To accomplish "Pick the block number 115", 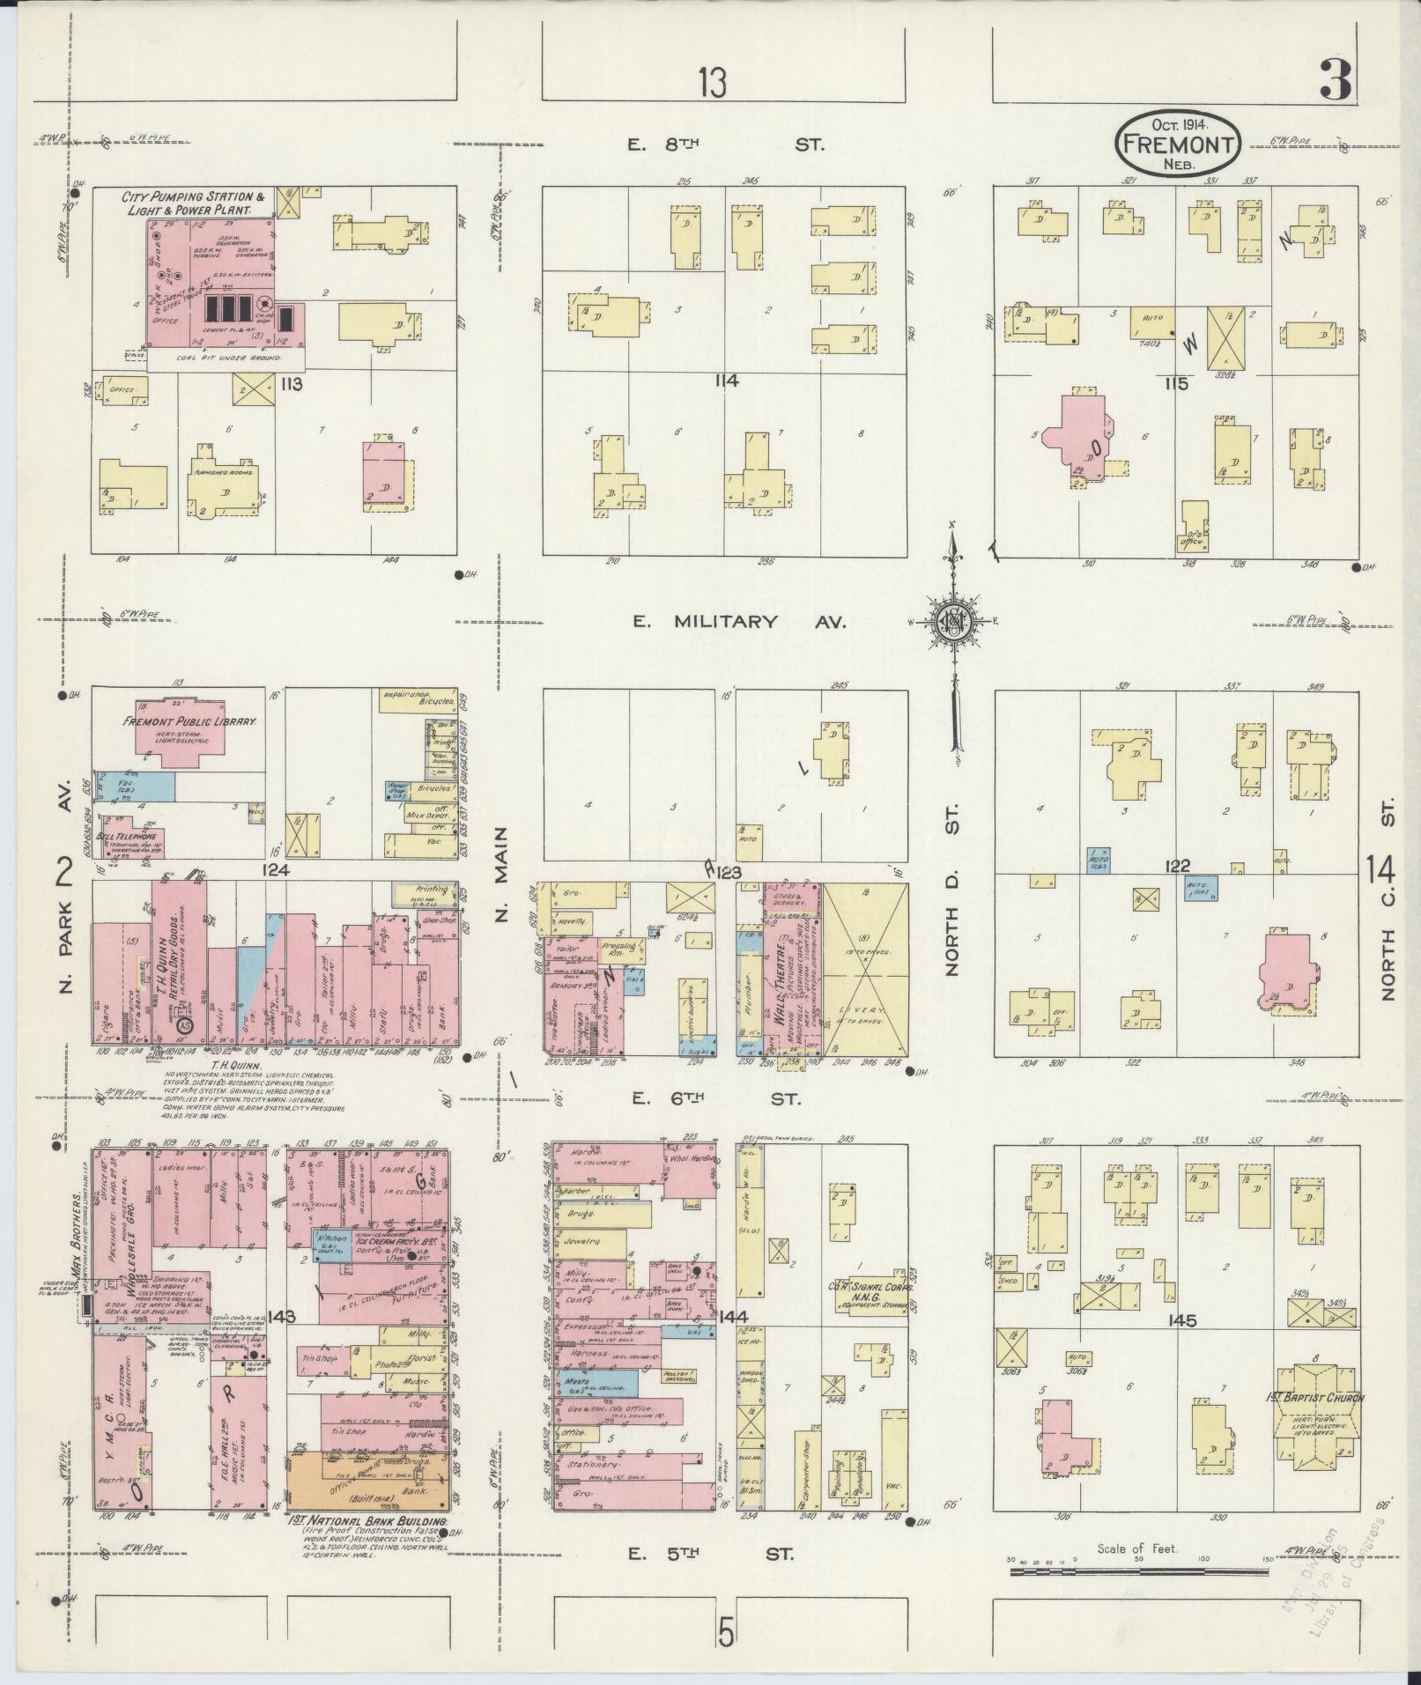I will coord(1176,383).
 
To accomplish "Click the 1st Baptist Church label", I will coord(1318,1398).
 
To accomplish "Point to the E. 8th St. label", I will coord(726,144).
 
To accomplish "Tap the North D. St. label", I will coord(952,899).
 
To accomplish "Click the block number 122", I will coord(1178,868).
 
